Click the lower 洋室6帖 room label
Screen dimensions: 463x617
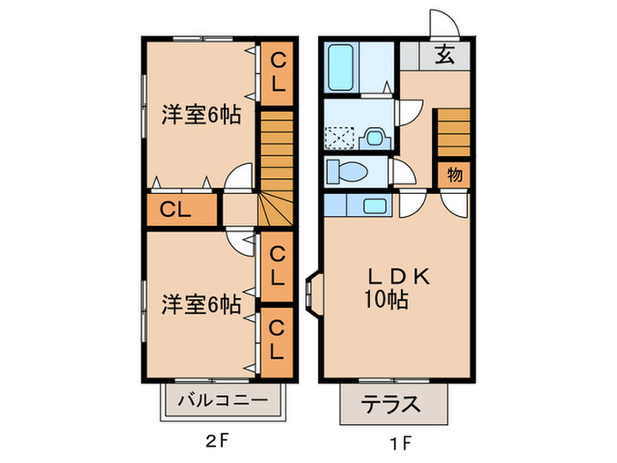(201, 304)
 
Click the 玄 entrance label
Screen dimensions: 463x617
(446, 56)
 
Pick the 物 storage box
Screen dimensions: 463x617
(455, 174)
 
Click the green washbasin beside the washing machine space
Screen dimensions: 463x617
(374, 138)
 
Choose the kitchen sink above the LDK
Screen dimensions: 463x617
(374, 206)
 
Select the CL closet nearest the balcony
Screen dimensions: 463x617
(277, 339)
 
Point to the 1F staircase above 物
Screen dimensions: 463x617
(454, 131)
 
